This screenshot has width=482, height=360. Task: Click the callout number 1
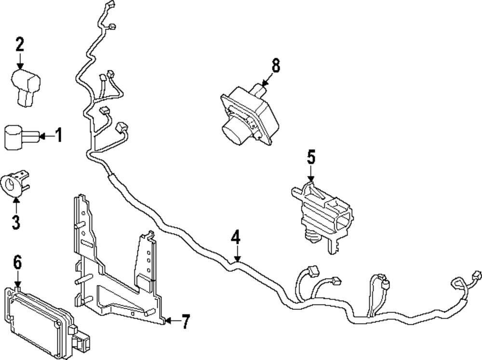pyautogui.click(x=58, y=135)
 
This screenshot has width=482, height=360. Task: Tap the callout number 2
pyautogui.click(x=20, y=45)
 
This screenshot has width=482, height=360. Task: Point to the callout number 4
pyautogui.click(x=236, y=238)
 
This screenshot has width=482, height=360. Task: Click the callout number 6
pyautogui.click(x=17, y=264)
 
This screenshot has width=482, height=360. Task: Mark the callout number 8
pyautogui.click(x=275, y=66)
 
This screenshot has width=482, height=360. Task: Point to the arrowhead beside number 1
pyautogui.click(x=42, y=136)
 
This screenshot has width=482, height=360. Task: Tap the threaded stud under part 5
pyautogui.click(x=310, y=236)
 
